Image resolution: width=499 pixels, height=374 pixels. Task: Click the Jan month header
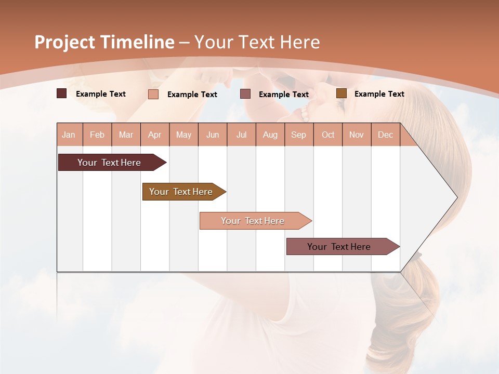pos(69,135)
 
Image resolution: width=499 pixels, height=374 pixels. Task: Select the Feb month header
pos(97,135)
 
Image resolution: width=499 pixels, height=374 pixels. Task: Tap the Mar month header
pos(126,135)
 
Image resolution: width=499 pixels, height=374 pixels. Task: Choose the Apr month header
pos(155,135)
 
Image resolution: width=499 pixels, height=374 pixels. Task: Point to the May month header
pos(183,135)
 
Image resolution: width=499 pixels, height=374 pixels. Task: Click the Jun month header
pos(213,135)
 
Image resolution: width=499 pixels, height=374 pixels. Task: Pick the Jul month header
pos(241,135)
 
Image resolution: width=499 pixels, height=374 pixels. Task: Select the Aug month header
pos(270,135)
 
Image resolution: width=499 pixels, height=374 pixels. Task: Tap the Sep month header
pos(299,135)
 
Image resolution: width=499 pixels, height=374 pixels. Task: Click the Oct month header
pos(328,135)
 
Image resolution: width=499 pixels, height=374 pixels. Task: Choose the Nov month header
pos(357,135)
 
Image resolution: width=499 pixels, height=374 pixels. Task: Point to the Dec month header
pos(385,135)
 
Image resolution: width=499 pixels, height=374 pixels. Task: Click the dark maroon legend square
pos(62,94)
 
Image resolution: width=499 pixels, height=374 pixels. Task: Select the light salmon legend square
pos(153,94)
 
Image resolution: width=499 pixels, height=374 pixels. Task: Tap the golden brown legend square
pos(342,94)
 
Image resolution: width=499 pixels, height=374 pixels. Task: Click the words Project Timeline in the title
pos(104,42)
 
